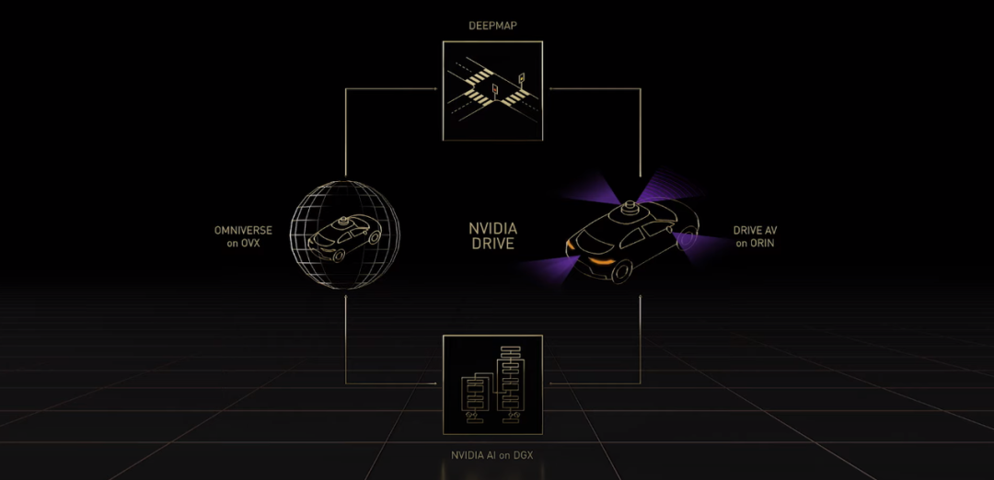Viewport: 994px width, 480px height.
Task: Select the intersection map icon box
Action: click(492, 90)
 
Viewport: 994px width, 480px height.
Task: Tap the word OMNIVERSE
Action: click(242, 230)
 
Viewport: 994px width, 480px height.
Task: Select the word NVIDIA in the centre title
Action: click(492, 229)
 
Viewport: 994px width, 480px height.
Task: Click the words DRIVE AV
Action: click(755, 230)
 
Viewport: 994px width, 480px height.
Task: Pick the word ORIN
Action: click(761, 243)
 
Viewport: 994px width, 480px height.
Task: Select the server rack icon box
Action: click(492, 384)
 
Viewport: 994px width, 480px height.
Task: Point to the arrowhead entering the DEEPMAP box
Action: click(436, 89)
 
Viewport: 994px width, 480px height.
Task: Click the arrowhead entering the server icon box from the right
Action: click(549, 383)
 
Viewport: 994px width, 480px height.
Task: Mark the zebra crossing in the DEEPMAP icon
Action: click(476, 91)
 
